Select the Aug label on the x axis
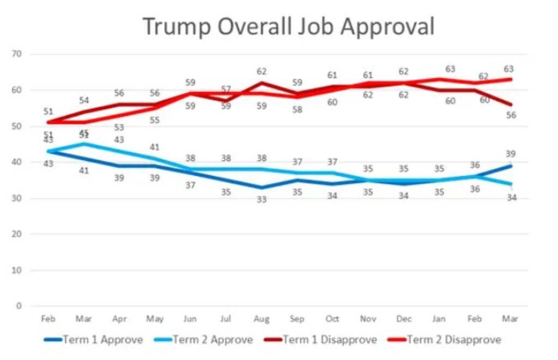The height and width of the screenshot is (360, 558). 262,319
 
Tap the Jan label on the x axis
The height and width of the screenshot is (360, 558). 440,319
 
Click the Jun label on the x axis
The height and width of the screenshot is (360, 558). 190,319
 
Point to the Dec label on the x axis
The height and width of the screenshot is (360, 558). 404,319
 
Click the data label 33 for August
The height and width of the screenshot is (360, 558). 262,200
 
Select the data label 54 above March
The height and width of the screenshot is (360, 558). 84,100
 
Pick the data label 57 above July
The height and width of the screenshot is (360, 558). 226,89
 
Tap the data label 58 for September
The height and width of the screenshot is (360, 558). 297,109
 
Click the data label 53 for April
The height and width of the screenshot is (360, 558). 119,127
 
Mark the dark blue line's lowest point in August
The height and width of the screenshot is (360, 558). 262,187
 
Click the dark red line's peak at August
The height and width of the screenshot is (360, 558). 262,83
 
